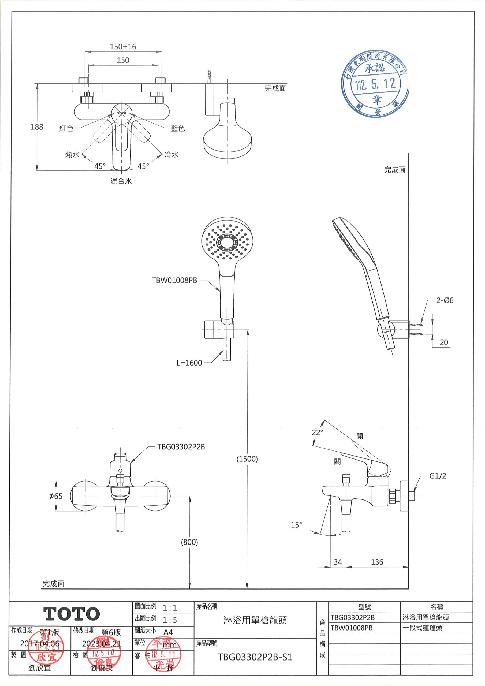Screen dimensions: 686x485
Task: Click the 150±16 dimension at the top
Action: (x=123, y=47)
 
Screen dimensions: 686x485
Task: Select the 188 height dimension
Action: (x=37, y=127)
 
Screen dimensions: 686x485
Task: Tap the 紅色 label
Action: (x=66, y=128)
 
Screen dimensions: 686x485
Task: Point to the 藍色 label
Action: (x=178, y=128)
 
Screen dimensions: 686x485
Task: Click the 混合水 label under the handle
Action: (x=121, y=181)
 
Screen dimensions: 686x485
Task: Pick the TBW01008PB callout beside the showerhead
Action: (x=174, y=280)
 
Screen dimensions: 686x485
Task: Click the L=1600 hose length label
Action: (x=189, y=363)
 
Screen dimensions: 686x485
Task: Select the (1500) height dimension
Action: (x=247, y=459)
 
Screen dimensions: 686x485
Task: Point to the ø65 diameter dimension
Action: (x=56, y=496)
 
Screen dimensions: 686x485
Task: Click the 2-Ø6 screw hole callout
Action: (x=445, y=300)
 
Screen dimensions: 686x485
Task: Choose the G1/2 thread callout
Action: (x=438, y=476)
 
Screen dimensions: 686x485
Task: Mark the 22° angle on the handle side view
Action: (x=317, y=432)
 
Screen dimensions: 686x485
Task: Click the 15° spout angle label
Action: (x=296, y=525)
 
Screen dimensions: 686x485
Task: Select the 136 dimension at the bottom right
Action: (x=377, y=562)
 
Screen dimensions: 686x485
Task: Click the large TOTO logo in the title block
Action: (x=72, y=614)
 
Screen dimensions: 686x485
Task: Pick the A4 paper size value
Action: (x=168, y=632)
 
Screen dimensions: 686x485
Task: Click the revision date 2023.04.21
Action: (x=101, y=644)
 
